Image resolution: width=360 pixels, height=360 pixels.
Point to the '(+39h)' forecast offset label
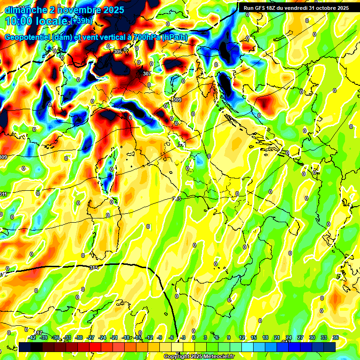point(82,21)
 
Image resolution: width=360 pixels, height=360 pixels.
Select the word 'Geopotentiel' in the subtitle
point(27,37)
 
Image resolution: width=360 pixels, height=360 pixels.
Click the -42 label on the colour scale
point(32,337)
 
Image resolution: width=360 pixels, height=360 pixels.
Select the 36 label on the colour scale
point(335,337)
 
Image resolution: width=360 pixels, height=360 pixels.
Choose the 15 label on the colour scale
point(254,337)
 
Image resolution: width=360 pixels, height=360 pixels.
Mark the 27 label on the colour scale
point(300,337)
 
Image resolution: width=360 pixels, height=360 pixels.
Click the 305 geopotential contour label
point(118,52)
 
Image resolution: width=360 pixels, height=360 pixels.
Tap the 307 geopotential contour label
point(147,74)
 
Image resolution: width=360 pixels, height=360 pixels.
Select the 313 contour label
point(177,199)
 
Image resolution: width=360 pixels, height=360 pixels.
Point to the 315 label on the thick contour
point(94,267)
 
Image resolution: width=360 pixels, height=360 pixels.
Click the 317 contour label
point(38,333)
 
